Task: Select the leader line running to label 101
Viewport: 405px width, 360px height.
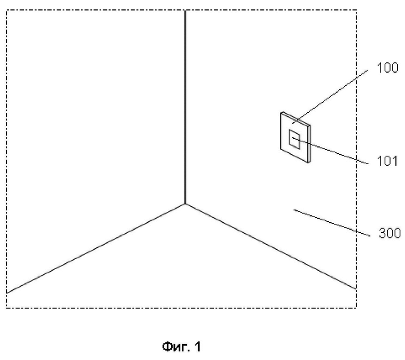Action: point(332,151)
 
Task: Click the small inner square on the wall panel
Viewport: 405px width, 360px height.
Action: point(294,140)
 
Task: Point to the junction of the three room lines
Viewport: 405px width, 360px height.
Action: point(185,204)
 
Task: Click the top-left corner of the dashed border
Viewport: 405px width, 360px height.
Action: point(6,10)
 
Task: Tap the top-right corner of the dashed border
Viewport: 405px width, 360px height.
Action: point(356,10)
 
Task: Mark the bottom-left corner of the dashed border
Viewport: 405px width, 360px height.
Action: point(6,309)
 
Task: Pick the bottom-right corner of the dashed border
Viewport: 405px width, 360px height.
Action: point(356,309)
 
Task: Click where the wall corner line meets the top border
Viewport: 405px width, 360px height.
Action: point(185,10)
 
